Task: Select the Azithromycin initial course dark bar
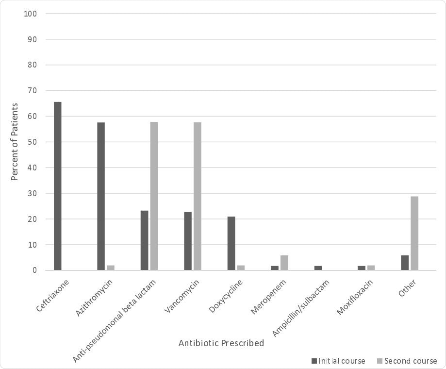(x=101, y=196)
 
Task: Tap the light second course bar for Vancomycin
(x=198, y=196)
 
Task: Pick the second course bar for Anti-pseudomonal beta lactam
(x=154, y=196)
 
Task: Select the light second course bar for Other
(x=414, y=233)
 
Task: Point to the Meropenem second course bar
(x=284, y=263)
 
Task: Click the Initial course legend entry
(x=338, y=361)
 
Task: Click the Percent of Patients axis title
(x=15, y=142)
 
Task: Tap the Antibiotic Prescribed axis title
(x=221, y=343)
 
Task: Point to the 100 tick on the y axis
(x=31, y=14)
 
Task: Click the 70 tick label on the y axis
(x=32, y=90)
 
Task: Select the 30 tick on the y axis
(x=32, y=193)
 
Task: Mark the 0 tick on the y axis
(x=35, y=270)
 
